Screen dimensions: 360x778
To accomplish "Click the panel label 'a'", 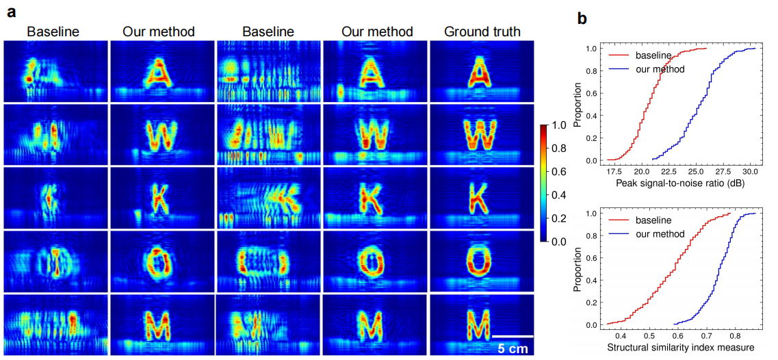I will [x=10, y=12].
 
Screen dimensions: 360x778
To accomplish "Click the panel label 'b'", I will [x=582, y=18].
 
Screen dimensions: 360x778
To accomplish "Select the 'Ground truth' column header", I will [x=482, y=31].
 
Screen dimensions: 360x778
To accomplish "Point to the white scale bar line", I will [x=513, y=336].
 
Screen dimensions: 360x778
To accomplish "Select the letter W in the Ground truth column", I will [x=482, y=134].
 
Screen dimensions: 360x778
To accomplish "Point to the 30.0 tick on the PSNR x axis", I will [x=750, y=171].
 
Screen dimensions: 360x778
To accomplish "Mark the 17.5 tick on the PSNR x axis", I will [x=614, y=171].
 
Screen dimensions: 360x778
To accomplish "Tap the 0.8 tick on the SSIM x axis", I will [x=735, y=336].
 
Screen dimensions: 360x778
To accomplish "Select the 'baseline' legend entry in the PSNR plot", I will [x=654, y=55].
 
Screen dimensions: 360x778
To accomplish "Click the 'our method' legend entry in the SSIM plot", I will [x=660, y=234].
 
